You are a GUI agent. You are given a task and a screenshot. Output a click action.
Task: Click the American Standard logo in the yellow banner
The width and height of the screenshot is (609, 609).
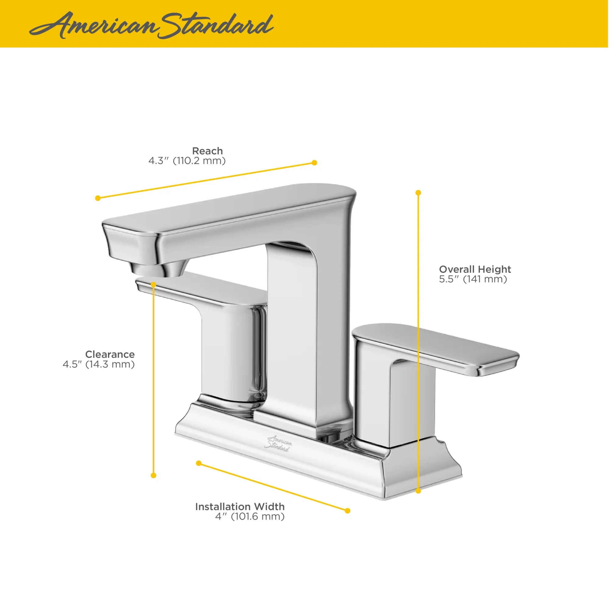point(151,25)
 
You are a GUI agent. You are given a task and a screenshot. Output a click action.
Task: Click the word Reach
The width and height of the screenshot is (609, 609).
point(207,151)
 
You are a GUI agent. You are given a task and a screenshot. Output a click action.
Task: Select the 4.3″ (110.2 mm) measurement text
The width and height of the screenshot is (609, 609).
point(187,161)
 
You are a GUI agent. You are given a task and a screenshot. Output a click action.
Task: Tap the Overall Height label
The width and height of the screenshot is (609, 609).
point(475,269)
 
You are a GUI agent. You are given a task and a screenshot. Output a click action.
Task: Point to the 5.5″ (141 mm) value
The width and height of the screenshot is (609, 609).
point(473,279)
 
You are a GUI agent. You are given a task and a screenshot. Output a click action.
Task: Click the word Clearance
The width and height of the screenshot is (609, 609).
point(110,354)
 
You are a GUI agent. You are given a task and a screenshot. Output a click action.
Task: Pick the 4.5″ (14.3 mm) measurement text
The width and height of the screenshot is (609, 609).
point(99,364)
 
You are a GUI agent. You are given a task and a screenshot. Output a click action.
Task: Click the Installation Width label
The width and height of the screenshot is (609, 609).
point(240,507)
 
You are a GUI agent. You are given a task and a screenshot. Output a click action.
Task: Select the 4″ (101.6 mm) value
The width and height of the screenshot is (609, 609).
point(250,517)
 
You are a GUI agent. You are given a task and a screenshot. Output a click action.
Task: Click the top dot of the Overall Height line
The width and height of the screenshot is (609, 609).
point(418,192)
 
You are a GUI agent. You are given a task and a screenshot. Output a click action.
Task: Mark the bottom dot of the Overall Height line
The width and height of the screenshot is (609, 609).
point(418,491)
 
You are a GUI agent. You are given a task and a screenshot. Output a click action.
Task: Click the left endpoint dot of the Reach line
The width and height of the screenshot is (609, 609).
point(98,198)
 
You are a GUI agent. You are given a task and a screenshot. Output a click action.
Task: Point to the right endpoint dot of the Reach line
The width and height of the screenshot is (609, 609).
point(314,163)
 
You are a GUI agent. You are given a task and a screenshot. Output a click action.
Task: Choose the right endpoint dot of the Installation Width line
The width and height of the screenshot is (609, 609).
point(347,511)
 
